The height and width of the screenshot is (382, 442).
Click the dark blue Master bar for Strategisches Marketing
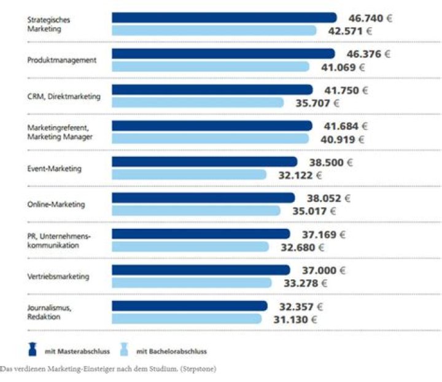224,18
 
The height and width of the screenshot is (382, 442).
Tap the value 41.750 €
346,90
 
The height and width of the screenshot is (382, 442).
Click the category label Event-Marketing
55,168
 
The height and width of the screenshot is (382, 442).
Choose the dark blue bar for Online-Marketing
203,198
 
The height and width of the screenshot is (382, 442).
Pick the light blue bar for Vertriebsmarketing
192,283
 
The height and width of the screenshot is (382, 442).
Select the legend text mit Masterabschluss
77,351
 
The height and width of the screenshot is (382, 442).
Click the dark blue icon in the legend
33,350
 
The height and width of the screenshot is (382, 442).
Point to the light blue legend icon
123,350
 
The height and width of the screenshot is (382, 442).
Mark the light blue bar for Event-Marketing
189,175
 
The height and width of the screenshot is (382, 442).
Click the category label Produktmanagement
62,60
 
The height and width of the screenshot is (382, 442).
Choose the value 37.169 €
322,234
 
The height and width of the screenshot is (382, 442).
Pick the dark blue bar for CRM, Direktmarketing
212,90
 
